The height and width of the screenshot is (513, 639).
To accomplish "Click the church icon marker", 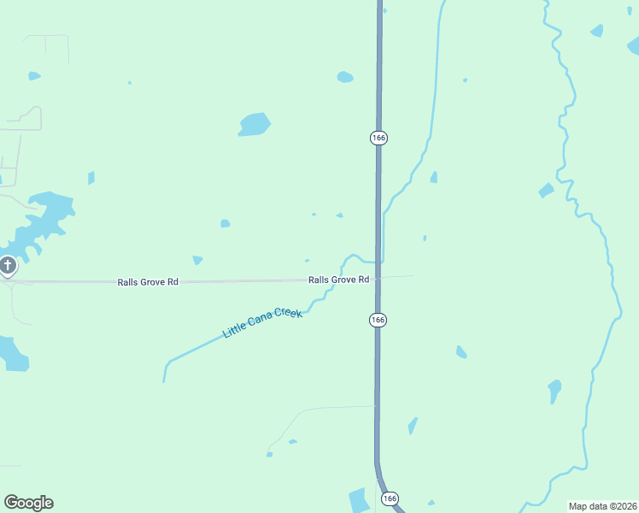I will coord(8,266).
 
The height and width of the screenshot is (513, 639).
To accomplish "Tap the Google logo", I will coord(28,503).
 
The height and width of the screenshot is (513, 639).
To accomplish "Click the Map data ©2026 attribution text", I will coord(601,505).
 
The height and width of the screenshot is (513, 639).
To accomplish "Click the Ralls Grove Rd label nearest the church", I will coord(148,281).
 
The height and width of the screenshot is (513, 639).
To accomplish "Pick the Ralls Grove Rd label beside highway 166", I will coord(338,280).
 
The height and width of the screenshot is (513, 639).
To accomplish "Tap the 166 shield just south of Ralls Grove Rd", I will coord(378,319).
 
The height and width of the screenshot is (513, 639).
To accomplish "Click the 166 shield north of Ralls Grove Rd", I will coord(378,138).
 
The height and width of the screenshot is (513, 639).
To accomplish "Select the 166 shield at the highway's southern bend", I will coord(390,498).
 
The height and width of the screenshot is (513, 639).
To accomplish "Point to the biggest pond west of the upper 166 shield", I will coord(254,124).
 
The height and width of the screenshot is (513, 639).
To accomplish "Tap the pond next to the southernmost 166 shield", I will coord(359,499).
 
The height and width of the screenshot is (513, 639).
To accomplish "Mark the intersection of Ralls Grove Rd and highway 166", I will coord(378,278).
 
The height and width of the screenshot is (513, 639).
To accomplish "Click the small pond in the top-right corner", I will coord(596,31).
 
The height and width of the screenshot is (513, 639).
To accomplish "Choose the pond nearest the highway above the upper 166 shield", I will coord(345,77).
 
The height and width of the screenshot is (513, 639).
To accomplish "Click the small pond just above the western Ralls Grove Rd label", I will coord(197,260).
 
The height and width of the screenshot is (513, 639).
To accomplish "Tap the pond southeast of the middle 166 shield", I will coord(461,351).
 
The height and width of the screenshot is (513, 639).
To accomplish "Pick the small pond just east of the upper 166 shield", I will coord(434,177).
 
